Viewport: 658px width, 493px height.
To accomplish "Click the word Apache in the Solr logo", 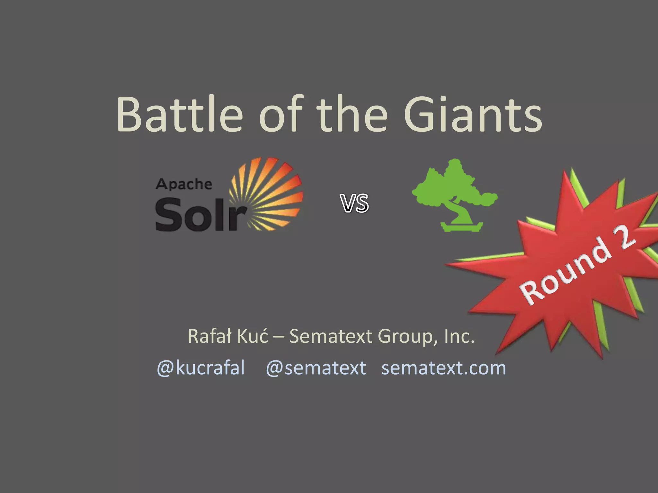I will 184,185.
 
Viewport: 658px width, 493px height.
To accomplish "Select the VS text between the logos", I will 355,203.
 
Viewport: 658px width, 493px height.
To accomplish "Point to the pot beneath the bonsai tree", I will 461,227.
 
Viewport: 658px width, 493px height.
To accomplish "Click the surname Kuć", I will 252,336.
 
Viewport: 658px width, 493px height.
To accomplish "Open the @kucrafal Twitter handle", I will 201,368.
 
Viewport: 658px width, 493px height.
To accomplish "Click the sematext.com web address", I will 443,368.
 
